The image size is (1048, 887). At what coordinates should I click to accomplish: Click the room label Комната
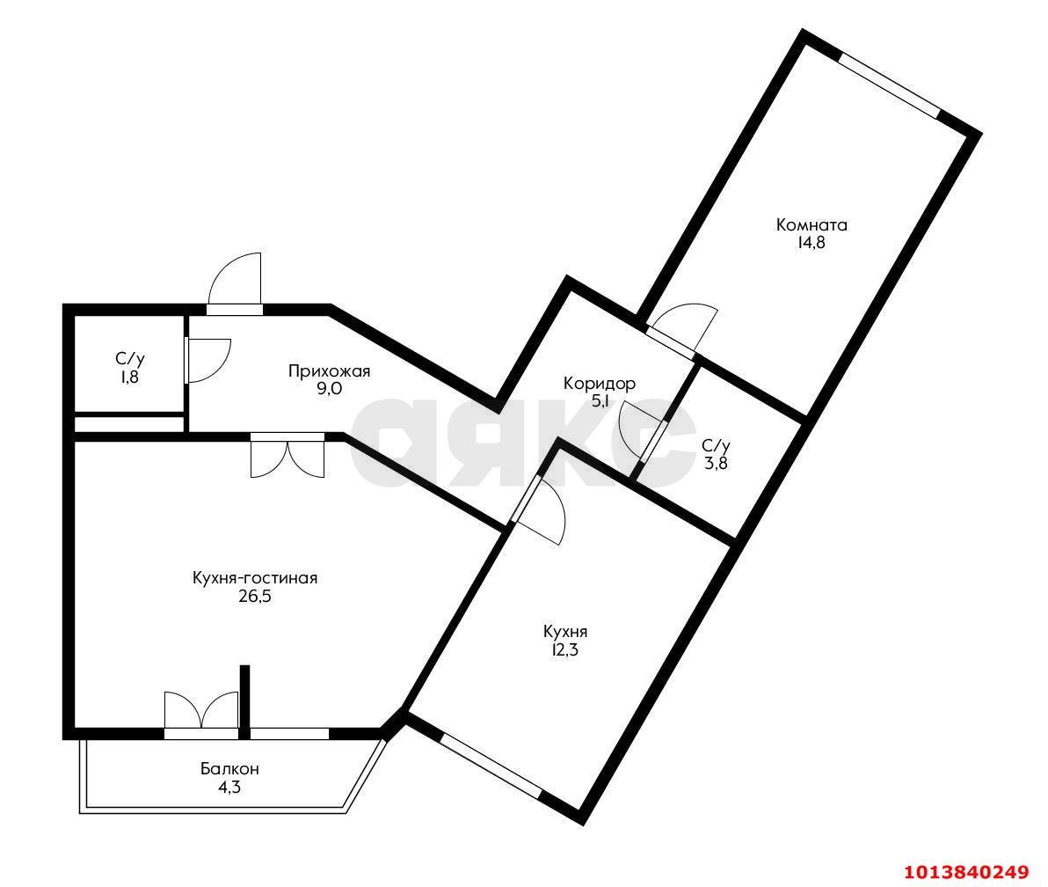(811, 224)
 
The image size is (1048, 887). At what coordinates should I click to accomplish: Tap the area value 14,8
(811, 243)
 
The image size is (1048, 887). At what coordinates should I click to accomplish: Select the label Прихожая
(329, 371)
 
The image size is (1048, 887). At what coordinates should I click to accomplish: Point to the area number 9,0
(329, 389)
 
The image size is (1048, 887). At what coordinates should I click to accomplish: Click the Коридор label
(600, 384)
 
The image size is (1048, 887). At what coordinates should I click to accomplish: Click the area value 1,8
(129, 377)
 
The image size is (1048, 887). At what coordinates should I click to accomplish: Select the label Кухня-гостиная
(254, 578)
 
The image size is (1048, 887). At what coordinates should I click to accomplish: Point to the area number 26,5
(254, 597)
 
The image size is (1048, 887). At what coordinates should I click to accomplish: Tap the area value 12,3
(564, 650)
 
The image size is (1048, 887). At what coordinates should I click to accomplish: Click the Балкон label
(229, 769)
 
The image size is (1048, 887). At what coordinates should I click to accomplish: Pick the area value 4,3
(229, 787)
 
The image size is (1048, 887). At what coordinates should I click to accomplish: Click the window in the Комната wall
(889, 84)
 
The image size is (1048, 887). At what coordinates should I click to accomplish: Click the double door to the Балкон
(201, 713)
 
